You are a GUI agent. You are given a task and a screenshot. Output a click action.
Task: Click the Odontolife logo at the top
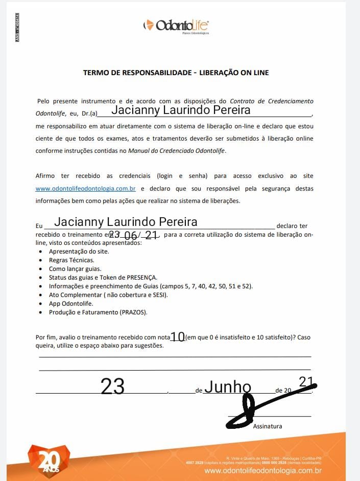pos(176,26)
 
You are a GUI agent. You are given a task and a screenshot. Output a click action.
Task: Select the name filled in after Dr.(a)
pos(181,110)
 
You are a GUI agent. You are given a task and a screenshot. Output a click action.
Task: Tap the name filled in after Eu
pos(126,222)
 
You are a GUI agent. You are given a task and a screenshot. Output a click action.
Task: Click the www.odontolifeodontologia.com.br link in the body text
pos(85,189)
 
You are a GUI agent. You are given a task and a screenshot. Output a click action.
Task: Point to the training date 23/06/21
pos(133,235)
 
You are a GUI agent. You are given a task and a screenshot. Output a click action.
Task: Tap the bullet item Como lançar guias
pos(75,269)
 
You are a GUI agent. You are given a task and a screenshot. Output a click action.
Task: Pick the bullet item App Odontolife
pos(71,304)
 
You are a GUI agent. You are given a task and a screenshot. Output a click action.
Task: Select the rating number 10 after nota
pos(178,337)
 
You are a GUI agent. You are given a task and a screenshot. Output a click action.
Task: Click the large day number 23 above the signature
pos(112,387)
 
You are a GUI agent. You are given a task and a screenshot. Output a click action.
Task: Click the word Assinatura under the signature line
pos(268,426)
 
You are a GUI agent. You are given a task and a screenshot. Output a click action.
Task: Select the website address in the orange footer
pos(262,471)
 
